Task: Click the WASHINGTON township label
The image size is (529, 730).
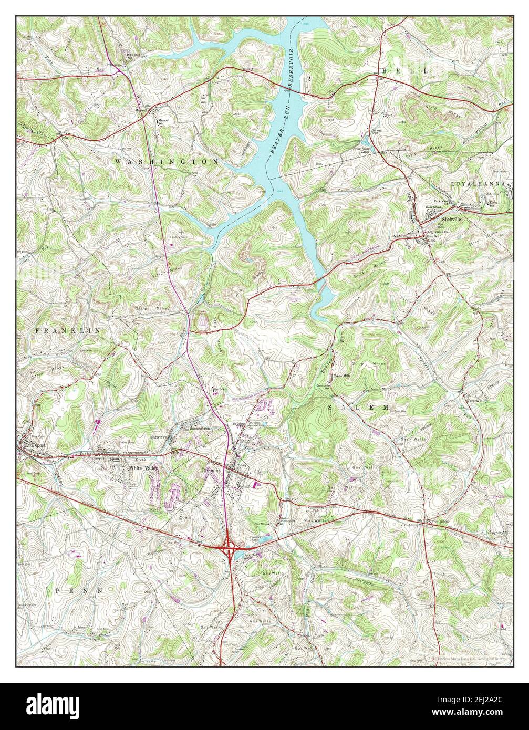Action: pyautogui.click(x=167, y=162)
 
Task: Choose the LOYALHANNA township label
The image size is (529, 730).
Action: pyautogui.click(x=479, y=184)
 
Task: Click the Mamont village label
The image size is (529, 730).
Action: pyautogui.click(x=142, y=111)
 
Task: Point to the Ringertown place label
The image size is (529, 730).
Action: pyautogui.click(x=150, y=436)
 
